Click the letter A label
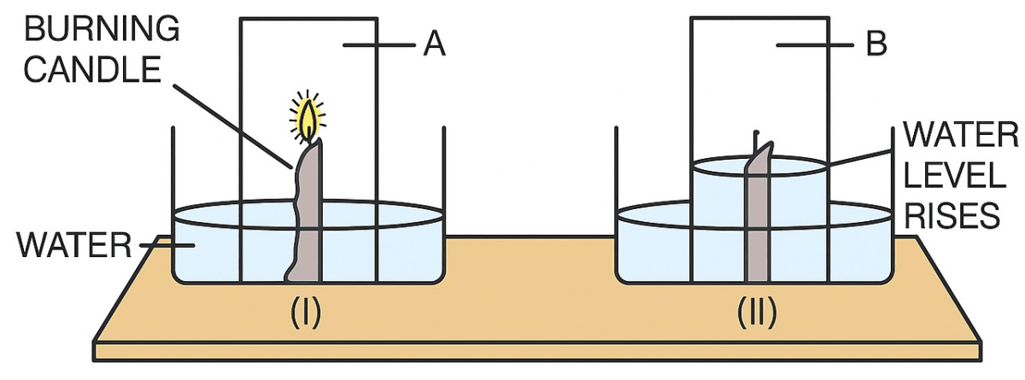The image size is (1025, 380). point(434,44)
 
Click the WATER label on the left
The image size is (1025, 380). point(72,247)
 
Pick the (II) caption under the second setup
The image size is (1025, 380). point(757,313)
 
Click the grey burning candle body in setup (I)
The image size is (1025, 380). point(307,213)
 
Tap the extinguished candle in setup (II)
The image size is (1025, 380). point(758,222)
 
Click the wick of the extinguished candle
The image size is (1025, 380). point(756,138)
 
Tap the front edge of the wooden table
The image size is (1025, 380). point(512,351)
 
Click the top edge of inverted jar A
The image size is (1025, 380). point(308,19)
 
